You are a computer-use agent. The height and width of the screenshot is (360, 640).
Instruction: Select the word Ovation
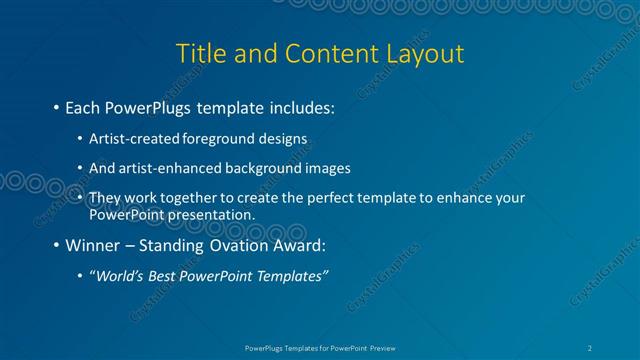click(236, 245)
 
